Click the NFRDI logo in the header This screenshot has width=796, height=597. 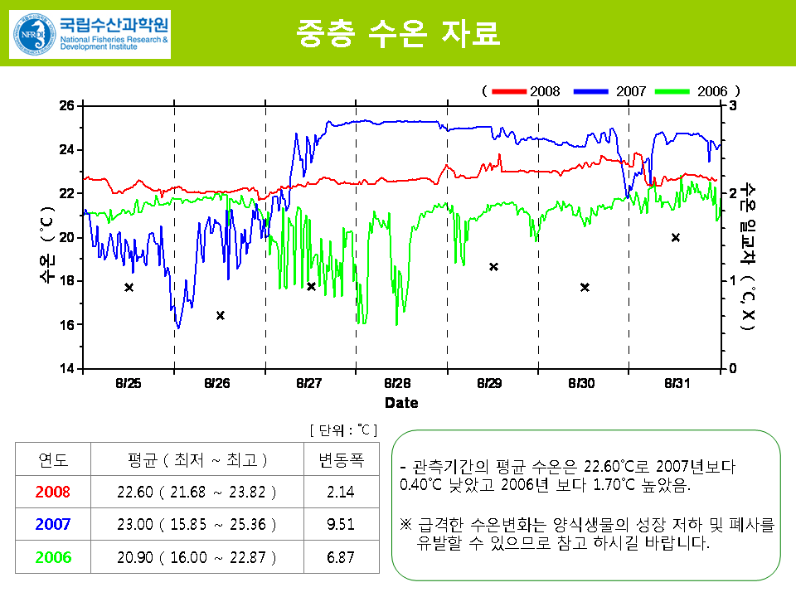click(90, 34)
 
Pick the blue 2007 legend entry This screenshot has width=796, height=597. click(614, 90)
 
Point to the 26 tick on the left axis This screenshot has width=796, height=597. click(66, 105)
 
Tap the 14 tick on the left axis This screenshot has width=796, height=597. click(66, 368)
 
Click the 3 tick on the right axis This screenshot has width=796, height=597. click(733, 105)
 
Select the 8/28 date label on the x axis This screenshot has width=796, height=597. click(398, 383)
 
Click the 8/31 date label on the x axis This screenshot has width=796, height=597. click(677, 383)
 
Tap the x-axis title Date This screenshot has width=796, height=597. click(401, 402)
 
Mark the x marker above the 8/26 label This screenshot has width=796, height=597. click(221, 315)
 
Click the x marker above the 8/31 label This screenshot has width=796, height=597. click(676, 237)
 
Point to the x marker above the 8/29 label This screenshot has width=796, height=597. click(493, 266)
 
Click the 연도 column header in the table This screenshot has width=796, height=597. click(54, 459)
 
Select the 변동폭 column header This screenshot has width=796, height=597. click(341, 459)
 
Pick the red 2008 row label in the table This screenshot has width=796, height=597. click(54, 492)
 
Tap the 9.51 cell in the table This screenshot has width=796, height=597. click(341, 524)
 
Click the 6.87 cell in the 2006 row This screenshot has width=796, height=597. click(341, 556)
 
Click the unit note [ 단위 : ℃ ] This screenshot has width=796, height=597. click(343, 430)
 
